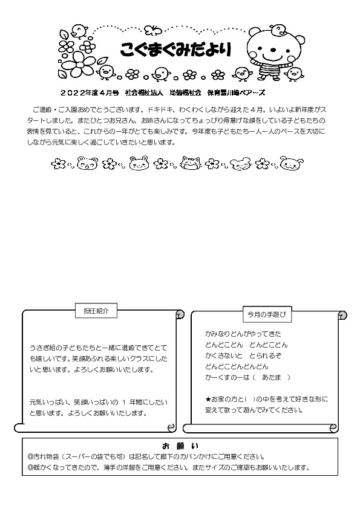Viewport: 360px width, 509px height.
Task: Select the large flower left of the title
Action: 79,60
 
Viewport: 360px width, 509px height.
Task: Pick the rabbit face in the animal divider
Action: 139,163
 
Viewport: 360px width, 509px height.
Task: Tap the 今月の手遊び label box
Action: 266,315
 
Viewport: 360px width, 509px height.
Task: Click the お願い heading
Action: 180,446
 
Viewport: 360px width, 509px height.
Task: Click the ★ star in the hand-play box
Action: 208,400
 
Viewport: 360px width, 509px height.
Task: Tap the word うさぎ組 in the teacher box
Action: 41,348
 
